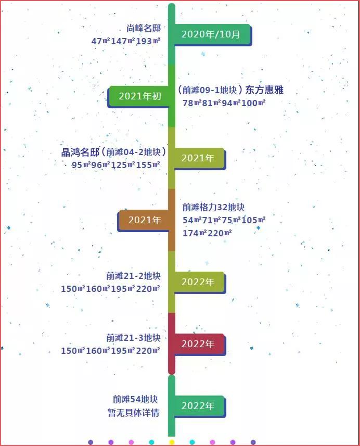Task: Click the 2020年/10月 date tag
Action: click(211, 34)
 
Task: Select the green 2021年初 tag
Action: click(140, 96)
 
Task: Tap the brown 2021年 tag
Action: click(145, 220)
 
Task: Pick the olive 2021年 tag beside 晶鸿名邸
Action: click(198, 158)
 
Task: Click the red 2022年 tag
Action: click(198, 344)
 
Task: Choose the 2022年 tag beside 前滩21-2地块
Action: click(198, 282)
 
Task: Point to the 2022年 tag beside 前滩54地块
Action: click(198, 406)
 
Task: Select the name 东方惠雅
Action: click(264, 91)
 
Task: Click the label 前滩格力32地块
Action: click(213, 207)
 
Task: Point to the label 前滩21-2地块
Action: click(133, 276)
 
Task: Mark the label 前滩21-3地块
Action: click(133, 338)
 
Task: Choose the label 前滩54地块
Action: click(135, 400)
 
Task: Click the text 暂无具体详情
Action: click(133, 413)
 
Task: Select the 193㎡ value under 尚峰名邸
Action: click(148, 41)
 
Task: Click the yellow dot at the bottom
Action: click(172, 442)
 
